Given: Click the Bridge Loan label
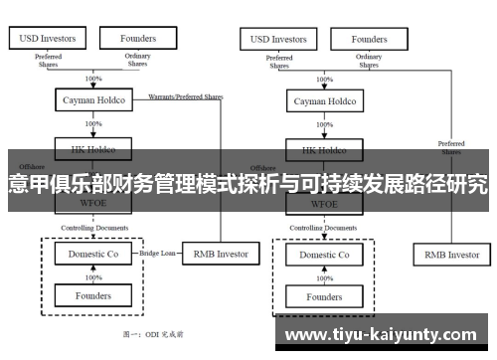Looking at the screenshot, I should click(159, 255).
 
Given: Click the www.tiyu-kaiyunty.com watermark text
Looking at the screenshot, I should click(387, 333).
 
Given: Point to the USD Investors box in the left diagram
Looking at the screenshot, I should click(48, 39).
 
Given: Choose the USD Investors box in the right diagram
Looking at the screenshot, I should click(278, 40).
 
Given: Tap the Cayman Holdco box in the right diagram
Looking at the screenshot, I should click(323, 101).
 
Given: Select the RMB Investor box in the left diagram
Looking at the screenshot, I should click(220, 255).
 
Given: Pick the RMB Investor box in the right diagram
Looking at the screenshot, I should click(451, 255).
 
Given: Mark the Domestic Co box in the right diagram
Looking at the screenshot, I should click(324, 255).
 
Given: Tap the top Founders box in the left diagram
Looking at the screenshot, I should click(138, 39).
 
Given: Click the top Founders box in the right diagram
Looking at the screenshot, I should click(369, 40).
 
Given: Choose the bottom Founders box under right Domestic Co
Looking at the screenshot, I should click(324, 296).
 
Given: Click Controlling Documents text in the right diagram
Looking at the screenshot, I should click(323, 228).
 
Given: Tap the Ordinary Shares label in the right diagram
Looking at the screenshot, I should click(369, 62).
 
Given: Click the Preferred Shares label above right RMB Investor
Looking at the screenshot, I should click(450, 148).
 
